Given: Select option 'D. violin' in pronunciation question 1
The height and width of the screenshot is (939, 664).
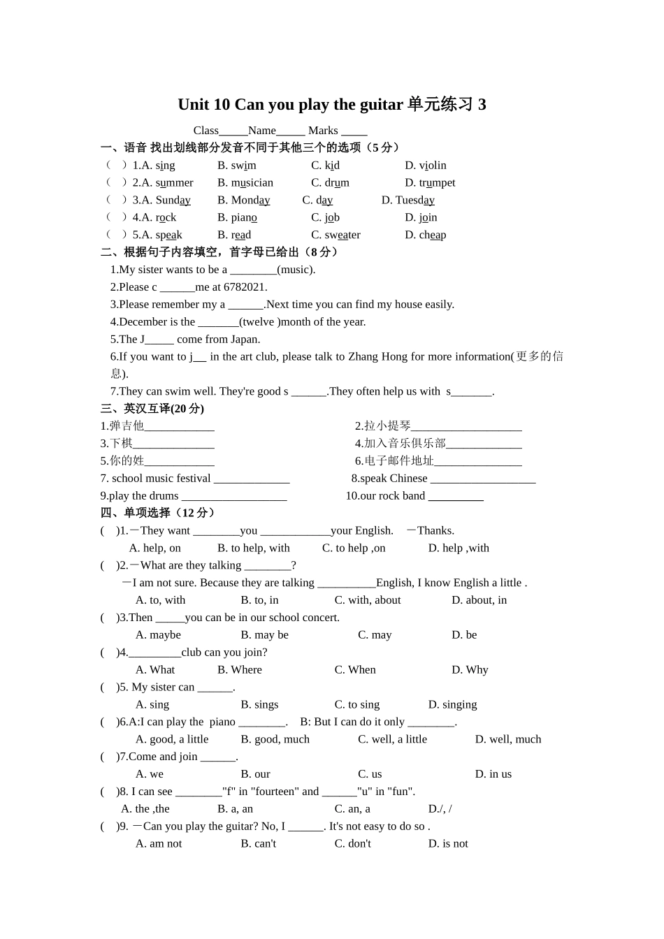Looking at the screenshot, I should coord(425,166).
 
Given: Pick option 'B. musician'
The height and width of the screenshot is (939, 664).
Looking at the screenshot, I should coord(245,183).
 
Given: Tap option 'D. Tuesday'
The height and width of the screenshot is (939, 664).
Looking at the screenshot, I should coord(407,201).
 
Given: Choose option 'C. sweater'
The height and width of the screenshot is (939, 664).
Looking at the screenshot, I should coord(335,235).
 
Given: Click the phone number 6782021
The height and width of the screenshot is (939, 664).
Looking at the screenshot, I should coord(245,287).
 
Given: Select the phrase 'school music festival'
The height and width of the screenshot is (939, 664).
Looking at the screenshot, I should coord(161,479).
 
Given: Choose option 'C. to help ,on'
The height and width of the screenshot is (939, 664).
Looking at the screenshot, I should coord(354,548).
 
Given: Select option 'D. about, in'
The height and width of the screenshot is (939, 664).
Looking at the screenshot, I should coord(479,600).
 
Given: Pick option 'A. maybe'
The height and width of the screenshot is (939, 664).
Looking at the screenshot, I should coord(158,635).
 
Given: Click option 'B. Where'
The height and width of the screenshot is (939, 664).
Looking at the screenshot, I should coord(240,670).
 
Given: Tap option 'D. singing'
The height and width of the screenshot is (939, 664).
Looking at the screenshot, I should coord(452,705).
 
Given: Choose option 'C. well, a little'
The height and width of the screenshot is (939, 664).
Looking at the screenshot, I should coord(392,739).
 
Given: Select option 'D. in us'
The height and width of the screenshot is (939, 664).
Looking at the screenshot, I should coord(493,774).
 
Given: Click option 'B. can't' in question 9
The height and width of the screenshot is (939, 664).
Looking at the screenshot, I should coord(258,844).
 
